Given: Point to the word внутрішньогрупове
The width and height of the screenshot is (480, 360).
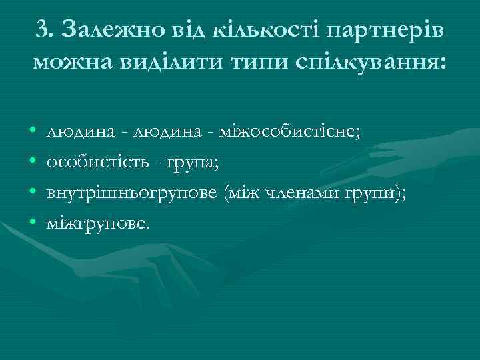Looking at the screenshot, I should [133, 193].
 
